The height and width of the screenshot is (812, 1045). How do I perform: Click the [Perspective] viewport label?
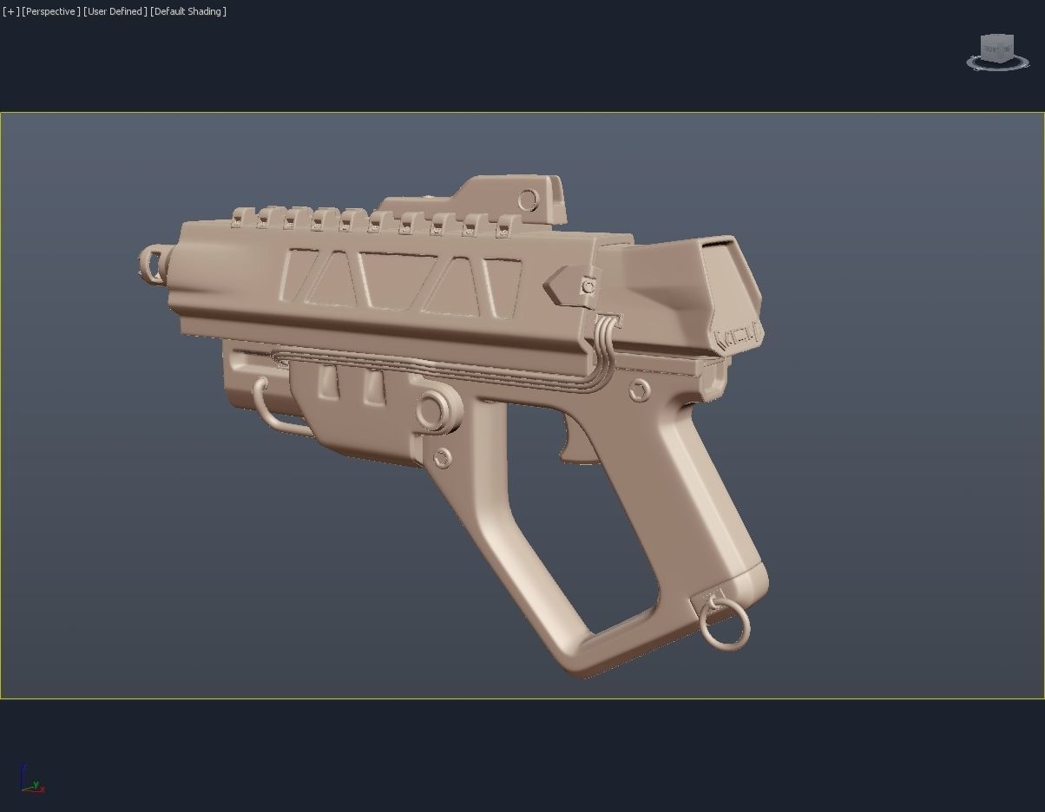(51, 11)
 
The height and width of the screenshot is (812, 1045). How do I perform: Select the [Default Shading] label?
(188, 11)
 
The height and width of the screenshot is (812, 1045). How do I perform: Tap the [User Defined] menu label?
(115, 11)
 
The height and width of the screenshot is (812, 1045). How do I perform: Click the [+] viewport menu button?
(11, 11)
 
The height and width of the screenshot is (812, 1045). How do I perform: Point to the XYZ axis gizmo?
(31, 780)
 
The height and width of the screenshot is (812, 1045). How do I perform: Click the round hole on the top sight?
(528, 201)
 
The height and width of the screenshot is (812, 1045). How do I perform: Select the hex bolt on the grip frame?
(640, 390)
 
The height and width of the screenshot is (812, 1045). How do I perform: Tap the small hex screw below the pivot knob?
(442, 456)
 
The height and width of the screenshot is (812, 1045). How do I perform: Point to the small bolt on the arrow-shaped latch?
(588, 285)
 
